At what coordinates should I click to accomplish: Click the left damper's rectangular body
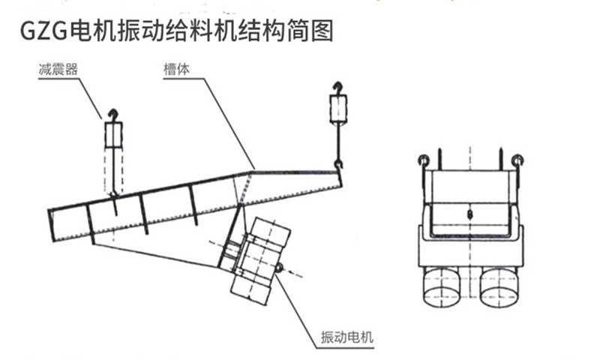[x=112, y=135]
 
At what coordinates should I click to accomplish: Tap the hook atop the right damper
[x=337, y=88]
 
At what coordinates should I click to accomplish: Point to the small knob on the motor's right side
[x=279, y=267]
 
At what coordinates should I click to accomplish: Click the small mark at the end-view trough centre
[x=469, y=214]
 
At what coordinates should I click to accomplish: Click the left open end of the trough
[x=52, y=219]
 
